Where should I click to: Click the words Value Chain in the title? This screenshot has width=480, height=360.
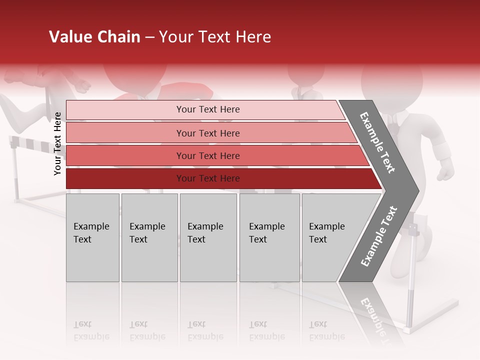coord(94,37)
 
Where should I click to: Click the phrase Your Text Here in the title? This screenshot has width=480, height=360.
coord(215,37)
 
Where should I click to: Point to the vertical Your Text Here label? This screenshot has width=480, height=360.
coord(57,143)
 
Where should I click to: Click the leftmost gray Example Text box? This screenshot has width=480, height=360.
coord(92,237)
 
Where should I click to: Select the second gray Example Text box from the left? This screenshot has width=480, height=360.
coord(149,237)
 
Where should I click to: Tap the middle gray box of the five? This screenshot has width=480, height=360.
coord(208,237)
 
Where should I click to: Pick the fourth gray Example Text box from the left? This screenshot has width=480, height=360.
coord(269,237)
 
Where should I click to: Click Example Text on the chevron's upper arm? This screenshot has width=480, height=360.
coord(377,142)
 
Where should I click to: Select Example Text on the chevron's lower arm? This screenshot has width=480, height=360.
coord(379,236)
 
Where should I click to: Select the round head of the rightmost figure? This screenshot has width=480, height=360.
coord(392,80)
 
